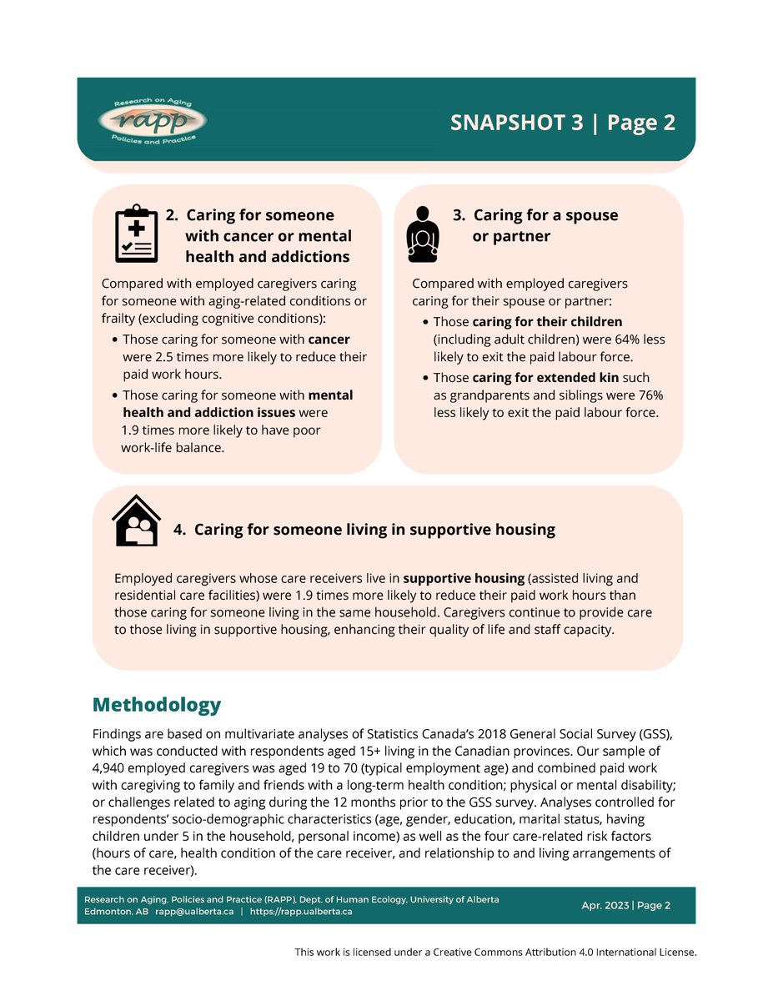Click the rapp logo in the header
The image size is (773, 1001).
click(152, 122)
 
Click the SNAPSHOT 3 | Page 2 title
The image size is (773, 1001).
click(562, 123)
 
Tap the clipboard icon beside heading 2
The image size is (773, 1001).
click(135, 234)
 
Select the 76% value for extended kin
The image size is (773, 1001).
click(649, 395)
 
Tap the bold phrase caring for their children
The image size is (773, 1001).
click(547, 322)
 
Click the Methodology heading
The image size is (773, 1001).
click(157, 705)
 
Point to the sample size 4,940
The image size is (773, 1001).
click(112, 767)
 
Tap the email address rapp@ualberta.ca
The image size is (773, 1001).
click(193, 912)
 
